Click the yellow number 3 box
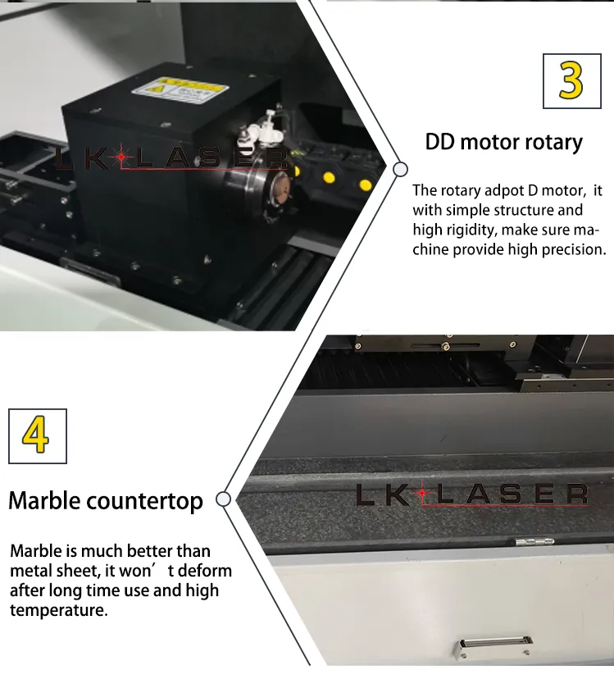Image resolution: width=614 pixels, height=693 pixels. (571, 81)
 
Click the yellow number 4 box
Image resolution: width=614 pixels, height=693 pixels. (38, 436)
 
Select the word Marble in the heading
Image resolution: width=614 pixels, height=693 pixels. (44, 501)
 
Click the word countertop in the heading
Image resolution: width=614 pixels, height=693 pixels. (144, 502)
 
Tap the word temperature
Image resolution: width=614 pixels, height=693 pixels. (59, 610)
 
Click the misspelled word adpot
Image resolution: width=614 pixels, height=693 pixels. (503, 191)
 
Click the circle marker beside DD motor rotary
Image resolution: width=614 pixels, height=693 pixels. (400, 169)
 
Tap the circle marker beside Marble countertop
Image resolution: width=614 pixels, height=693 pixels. (224, 499)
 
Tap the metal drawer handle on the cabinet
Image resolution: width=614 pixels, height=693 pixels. (493, 646)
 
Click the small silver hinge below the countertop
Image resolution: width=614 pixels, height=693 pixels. (534, 541)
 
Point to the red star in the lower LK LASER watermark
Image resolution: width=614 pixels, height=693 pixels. (423, 493)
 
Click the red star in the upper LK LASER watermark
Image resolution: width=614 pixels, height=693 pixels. (121, 157)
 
